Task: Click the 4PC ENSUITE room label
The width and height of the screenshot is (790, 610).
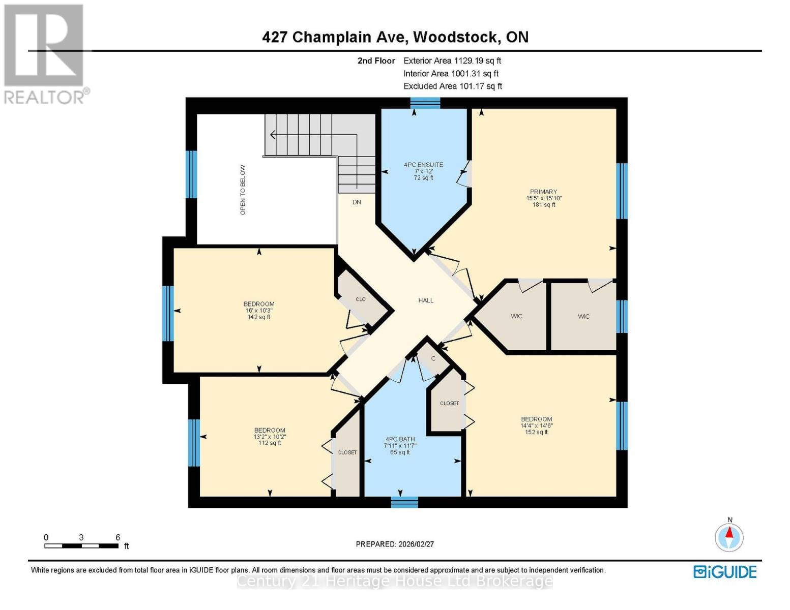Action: (423, 165)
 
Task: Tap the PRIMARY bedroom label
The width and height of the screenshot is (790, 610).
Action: (543, 192)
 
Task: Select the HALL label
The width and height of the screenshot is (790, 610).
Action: (426, 300)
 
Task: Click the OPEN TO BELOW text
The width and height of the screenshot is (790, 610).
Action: (243, 190)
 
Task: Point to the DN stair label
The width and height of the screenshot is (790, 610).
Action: (357, 202)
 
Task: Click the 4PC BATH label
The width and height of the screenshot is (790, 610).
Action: (400, 439)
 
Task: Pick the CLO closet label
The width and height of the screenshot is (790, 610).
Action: (361, 299)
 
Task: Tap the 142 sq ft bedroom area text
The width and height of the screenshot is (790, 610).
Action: (258, 317)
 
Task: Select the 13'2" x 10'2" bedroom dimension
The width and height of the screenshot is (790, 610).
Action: (270, 437)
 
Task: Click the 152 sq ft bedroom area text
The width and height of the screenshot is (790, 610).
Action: (536, 433)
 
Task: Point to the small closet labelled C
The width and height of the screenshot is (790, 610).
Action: (433, 358)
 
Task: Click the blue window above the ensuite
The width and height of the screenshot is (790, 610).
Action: (425, 103)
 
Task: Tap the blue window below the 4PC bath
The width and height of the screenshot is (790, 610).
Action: (404, 502)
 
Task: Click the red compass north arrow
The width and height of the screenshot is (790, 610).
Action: (729, 533)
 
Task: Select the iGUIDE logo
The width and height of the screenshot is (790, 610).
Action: (725, 572)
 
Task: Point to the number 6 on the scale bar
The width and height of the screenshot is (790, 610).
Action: (118, 537)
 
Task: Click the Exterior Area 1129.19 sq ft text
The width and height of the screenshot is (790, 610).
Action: (452, 60)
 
